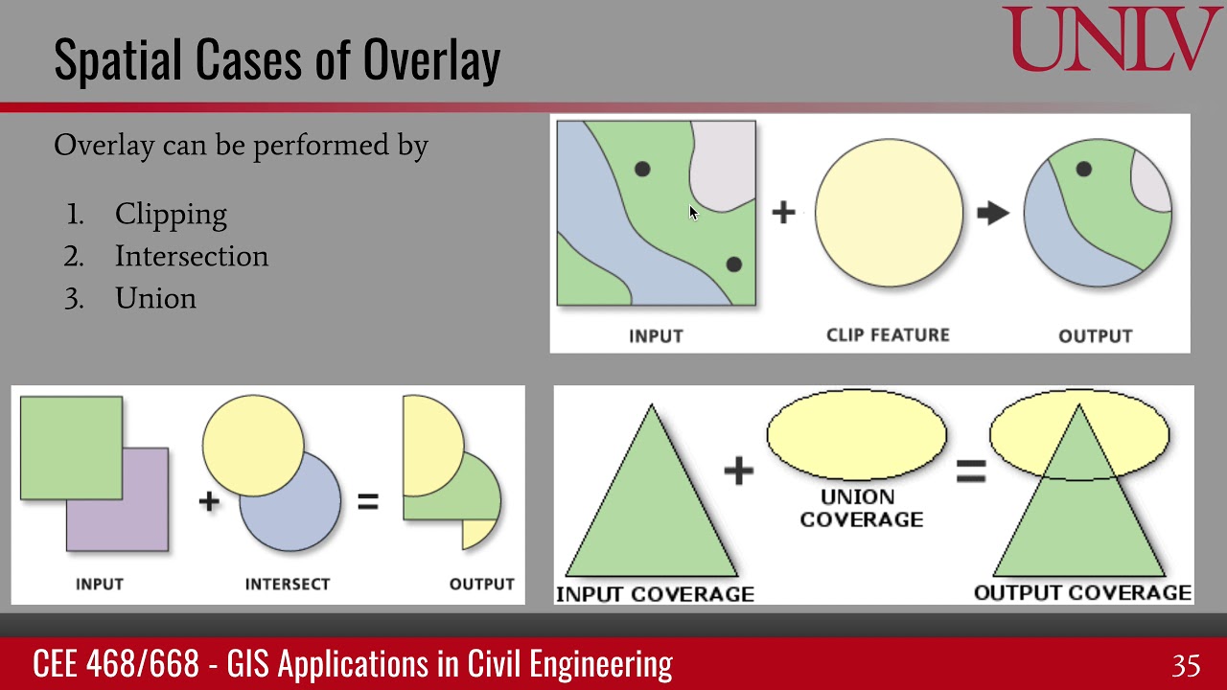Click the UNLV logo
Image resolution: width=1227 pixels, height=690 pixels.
[x=1112, y=39]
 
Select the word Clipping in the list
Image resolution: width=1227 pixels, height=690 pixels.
[x=171, y=214]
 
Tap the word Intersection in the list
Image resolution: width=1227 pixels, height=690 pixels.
[x=192, y=256]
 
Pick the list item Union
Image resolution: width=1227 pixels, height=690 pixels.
[x=155, y=298]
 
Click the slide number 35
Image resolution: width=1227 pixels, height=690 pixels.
[x=1186, y=665]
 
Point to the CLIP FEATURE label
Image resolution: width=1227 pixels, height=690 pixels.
[x=888, y=334]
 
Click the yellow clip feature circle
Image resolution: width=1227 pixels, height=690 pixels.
[x=889, y=213]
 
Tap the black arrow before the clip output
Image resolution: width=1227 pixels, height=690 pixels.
[x=993, y=213]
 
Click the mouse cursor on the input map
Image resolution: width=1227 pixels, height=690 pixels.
[x=693, y=213]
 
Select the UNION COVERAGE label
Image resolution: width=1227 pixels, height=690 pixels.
[x=861, y=508]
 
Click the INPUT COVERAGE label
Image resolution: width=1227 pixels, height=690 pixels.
[x=655, y=594]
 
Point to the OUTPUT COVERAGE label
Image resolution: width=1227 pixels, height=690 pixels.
[x=1082, y=593]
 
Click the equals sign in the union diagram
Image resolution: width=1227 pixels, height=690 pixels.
[x=970, y=471]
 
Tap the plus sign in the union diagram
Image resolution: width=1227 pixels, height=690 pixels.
[x=738, y=471]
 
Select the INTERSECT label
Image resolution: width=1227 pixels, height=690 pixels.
[x=287, y=584]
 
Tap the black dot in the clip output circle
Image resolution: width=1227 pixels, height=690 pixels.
[x=1083, y=169]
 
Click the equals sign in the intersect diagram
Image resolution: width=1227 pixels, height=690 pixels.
[x=367, y=501]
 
